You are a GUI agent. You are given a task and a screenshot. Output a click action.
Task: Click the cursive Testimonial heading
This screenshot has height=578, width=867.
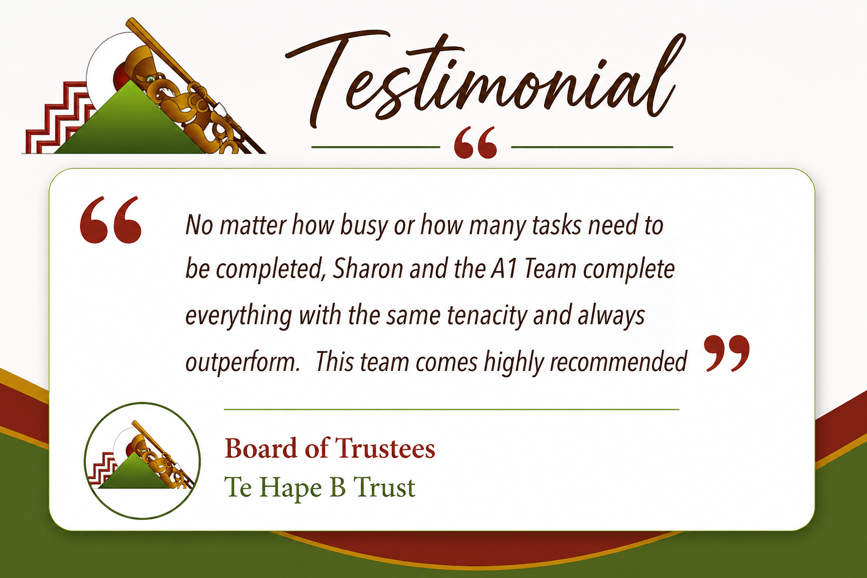click(x=484, y=77)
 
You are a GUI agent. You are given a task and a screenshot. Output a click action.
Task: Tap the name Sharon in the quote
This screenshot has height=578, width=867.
click(x=367, y=269)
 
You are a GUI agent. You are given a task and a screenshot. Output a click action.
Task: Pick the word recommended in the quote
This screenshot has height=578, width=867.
click(x=618, y=362)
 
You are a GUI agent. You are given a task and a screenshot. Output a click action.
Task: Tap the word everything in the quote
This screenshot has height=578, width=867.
click(x=238, y=316)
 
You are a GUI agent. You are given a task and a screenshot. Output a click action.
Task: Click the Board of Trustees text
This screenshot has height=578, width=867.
click(x=330, y=448)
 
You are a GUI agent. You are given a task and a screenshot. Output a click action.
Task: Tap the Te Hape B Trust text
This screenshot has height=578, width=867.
click(x=319, y=488)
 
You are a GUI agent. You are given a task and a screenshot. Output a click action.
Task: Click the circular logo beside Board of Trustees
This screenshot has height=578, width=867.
click(x=142, y=461)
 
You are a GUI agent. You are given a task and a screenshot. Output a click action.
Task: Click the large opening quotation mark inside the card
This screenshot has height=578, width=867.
click(x=111, y=220)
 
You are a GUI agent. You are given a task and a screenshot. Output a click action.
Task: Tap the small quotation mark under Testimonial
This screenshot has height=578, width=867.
click(x=475, y=142)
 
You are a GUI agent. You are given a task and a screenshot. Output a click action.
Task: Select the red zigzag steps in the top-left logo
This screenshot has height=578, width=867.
click(x=58, y=120)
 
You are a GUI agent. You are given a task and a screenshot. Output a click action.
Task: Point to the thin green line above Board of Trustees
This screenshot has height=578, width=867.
click(x=452, y=409)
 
